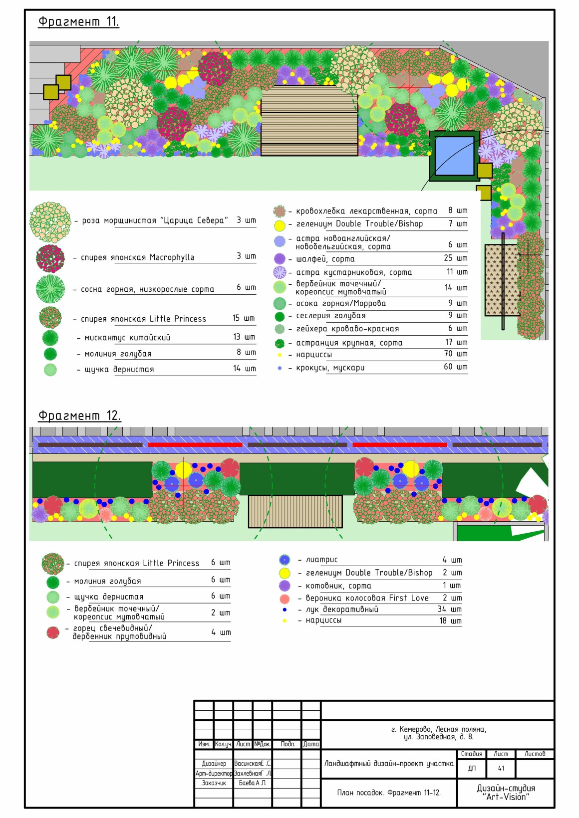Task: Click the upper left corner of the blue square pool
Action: pos(435,137)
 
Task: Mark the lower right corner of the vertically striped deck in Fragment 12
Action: pos(342,528)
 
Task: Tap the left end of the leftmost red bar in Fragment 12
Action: pos(148,445)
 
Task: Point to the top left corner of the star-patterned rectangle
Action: pos(485,245)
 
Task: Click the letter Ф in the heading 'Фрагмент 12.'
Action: pos(43,415)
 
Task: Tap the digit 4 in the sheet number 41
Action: pos(499,768)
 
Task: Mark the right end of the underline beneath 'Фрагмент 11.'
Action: pos(119,27)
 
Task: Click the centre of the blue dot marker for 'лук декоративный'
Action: pos(285,610)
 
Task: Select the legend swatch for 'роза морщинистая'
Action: pos(50,222)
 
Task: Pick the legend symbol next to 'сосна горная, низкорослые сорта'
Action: pos(50,289)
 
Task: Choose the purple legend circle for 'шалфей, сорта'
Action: pos(280,259)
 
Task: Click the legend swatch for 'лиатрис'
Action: pos(285,560)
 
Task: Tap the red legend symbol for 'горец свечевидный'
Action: pos(53,632)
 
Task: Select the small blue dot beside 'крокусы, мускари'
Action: pos(280,368)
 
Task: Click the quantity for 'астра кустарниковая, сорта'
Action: pos(457,272)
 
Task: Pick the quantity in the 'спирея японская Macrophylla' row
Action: pos(246,256)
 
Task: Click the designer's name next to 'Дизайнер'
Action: pos(252,763)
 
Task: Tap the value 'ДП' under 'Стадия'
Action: pos(472,768)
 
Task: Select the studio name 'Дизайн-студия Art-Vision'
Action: pos(506,793)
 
